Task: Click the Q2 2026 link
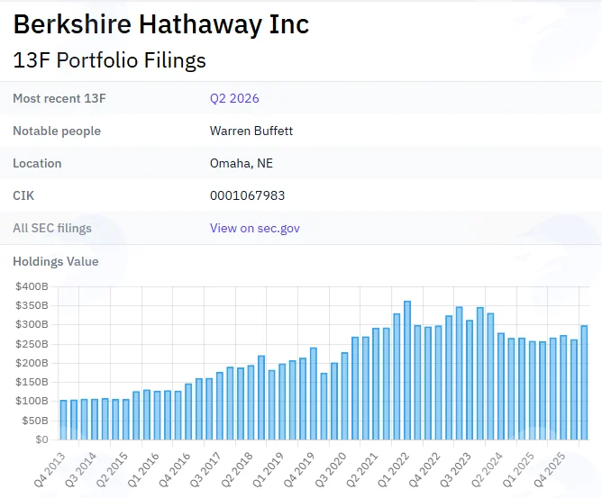pos(234,98)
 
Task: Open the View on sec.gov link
pos(254,228)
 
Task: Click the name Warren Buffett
pos(251,131)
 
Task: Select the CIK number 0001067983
pos(247,195)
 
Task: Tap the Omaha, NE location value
pos(242,163)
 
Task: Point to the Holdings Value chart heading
pos(56,262)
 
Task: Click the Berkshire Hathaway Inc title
pos(161,24)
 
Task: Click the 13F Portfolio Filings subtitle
pos(109,60)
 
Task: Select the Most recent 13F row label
pos(59,98)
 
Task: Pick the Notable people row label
pos(57,131)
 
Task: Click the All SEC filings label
pos(52,228)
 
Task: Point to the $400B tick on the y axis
pos(32,286)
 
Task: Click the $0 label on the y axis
pos(41,439)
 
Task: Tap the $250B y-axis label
pos(32,344)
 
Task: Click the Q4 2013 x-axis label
pos(50,469)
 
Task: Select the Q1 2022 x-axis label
pos(393,469)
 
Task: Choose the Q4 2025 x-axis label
pos(550,469)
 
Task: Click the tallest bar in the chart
pos(407,370)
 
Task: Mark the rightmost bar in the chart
pos(584,383)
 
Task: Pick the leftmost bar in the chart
pos(63,420)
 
